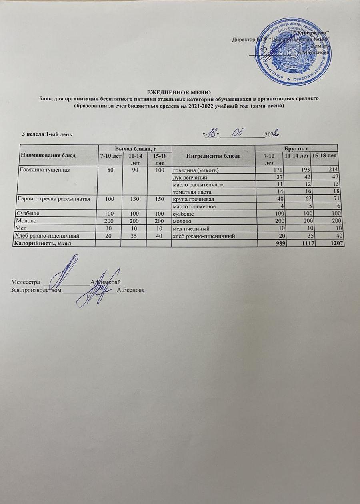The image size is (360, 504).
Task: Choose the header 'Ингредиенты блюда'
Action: (x=212, y=156)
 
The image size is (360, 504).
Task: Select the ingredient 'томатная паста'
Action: (x=192, y=192)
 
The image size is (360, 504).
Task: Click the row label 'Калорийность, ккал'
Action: (x=44, y=243)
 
